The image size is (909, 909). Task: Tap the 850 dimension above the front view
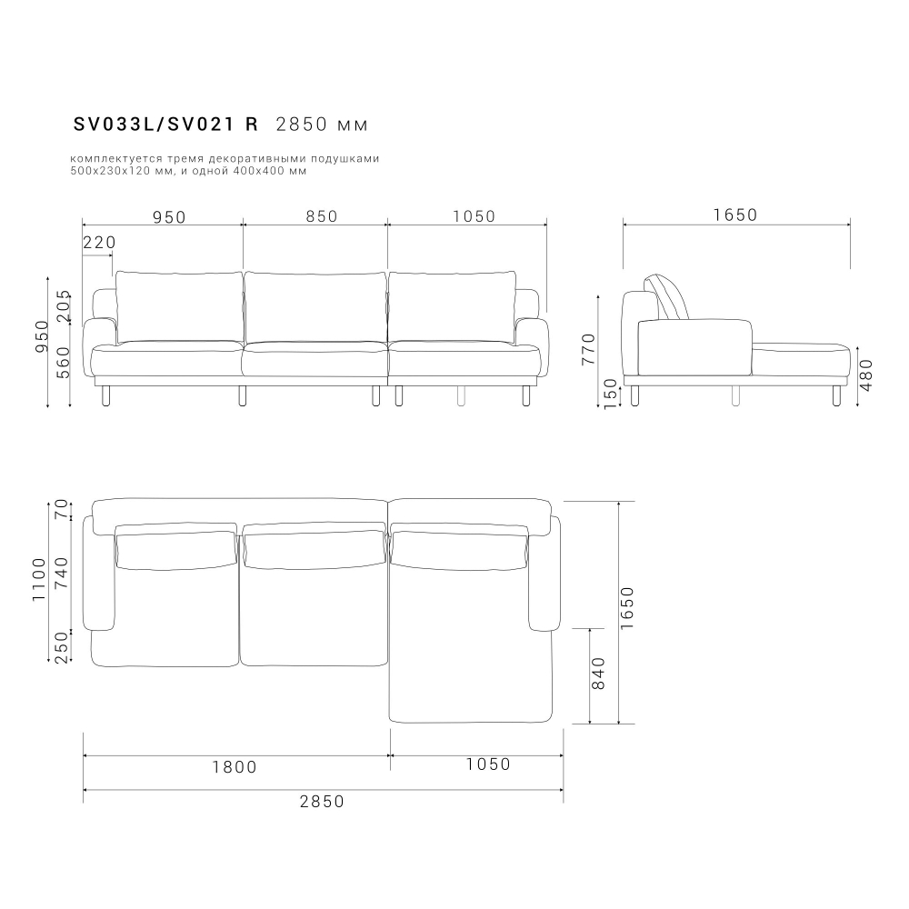(321, 216)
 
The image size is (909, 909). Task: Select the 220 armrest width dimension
(99, 243)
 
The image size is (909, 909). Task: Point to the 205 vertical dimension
(63, 307)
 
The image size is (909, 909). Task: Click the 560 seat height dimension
(63, 361)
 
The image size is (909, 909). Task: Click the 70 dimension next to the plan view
(62, 510)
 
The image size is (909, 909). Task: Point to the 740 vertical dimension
(62, 574)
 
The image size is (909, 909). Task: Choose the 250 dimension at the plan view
(62, 647)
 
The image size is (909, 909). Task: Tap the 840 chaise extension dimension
(598, 674)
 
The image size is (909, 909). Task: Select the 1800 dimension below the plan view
(235, 766)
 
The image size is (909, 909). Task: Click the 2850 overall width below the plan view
(322, 801)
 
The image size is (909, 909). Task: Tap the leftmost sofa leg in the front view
(106, 395)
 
